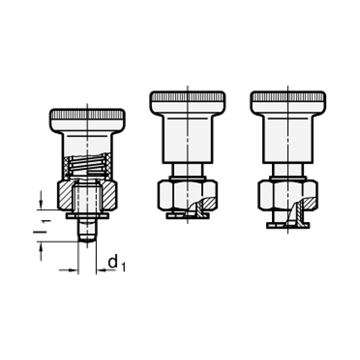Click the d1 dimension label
(117, 263)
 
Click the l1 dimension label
(42, 228)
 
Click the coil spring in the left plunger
(87, 165)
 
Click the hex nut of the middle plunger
(188, 195)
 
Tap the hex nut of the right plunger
(288, 195)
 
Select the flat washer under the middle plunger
(188, 216)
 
